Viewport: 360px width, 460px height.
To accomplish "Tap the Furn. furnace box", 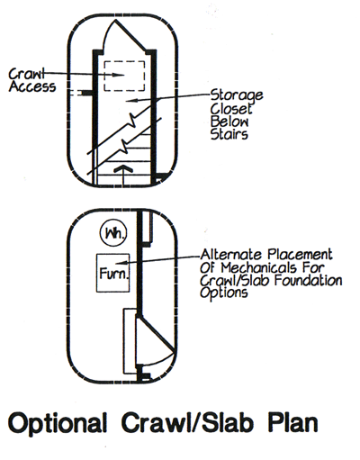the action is (112, 273).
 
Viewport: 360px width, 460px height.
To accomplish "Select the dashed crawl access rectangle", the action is (124, 76).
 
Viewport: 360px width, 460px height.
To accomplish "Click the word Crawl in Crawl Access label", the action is (27, 74).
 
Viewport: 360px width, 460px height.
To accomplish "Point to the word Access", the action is (32, 86).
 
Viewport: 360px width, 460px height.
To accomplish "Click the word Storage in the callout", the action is (237, 95).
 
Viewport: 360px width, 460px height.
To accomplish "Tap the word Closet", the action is (231, 108).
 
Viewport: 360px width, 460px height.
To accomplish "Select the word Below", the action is (229, 122).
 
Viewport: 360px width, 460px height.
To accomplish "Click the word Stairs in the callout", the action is (229, 134).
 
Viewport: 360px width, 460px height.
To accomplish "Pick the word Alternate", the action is (231, 255).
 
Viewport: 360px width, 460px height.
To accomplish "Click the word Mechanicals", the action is (258, 267).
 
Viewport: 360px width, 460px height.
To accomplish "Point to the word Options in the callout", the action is (224, 293).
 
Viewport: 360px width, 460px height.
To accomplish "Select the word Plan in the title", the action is (292, 422).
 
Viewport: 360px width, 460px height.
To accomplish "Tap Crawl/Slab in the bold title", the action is (187, 422).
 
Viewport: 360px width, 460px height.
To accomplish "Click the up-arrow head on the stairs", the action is (123, 169).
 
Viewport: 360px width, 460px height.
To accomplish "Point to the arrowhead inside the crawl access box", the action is (119, 75).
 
